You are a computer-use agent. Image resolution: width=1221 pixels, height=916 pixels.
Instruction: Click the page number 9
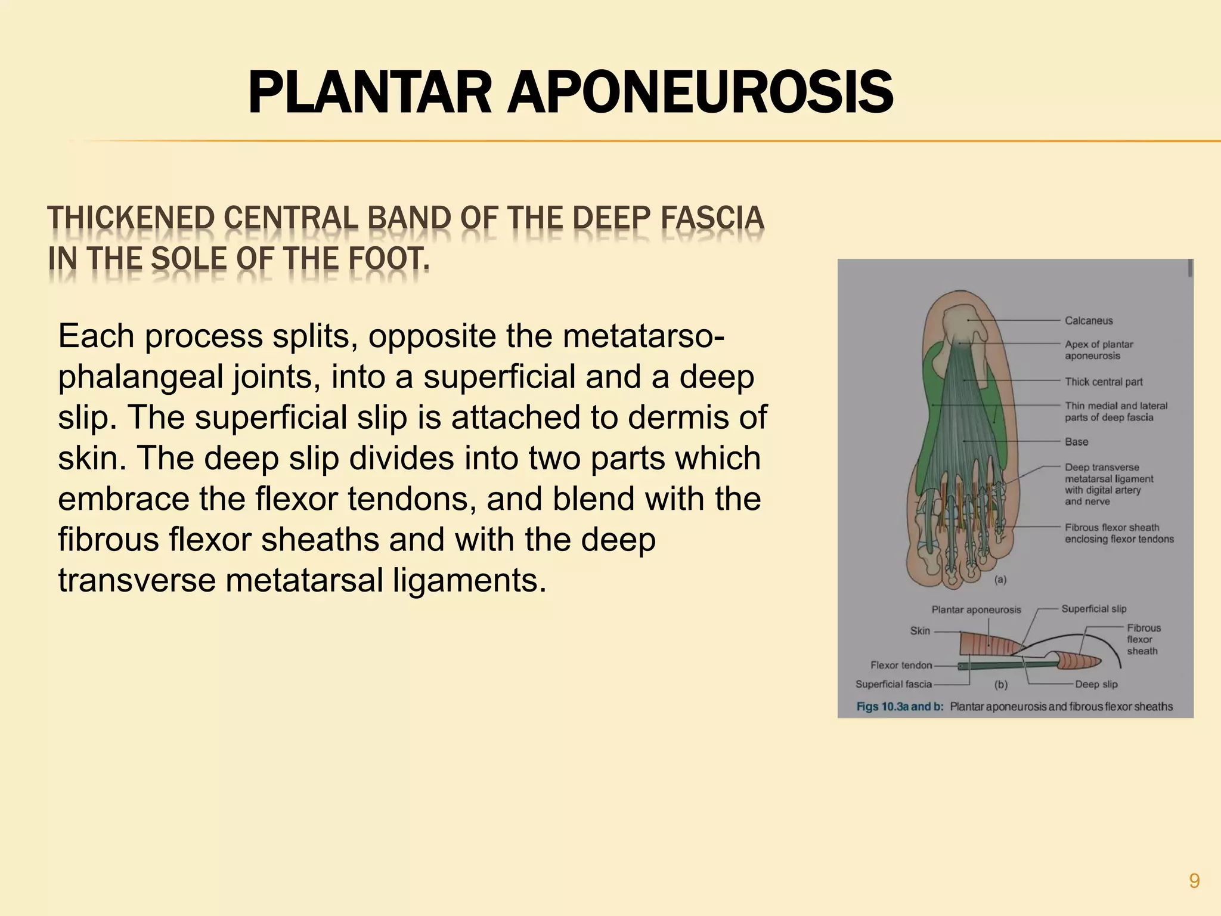point(1194,880)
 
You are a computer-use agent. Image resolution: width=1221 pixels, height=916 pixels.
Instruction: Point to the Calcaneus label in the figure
point(1089,321)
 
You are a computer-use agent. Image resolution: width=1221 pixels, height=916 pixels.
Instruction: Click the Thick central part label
point(1104,382)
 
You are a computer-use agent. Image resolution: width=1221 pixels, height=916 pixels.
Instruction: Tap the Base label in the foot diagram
point(1077,442)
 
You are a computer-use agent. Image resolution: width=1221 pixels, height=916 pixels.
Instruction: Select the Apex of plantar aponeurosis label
point(1098,350)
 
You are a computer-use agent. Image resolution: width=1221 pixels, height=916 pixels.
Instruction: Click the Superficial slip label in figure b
point(1094,609)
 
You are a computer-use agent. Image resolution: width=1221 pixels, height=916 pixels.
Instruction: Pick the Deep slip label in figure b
point(1096,684)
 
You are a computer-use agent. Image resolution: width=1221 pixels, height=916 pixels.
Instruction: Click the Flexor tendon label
point(901,665)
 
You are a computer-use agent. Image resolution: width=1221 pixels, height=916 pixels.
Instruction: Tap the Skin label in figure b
point(920,631)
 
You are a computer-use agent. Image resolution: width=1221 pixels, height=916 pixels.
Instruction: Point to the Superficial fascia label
point(893,684)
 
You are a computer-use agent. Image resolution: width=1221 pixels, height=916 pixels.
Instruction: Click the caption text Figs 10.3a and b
point(900,707)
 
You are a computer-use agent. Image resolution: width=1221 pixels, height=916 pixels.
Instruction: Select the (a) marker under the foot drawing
point(1000,579)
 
